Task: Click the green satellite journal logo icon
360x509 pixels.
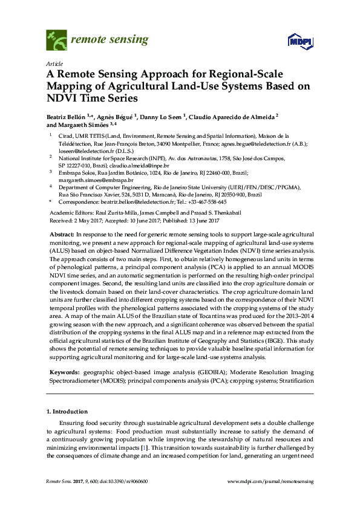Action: [x=57, y=40]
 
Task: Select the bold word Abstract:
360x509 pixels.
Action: [x=61, y=233]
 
